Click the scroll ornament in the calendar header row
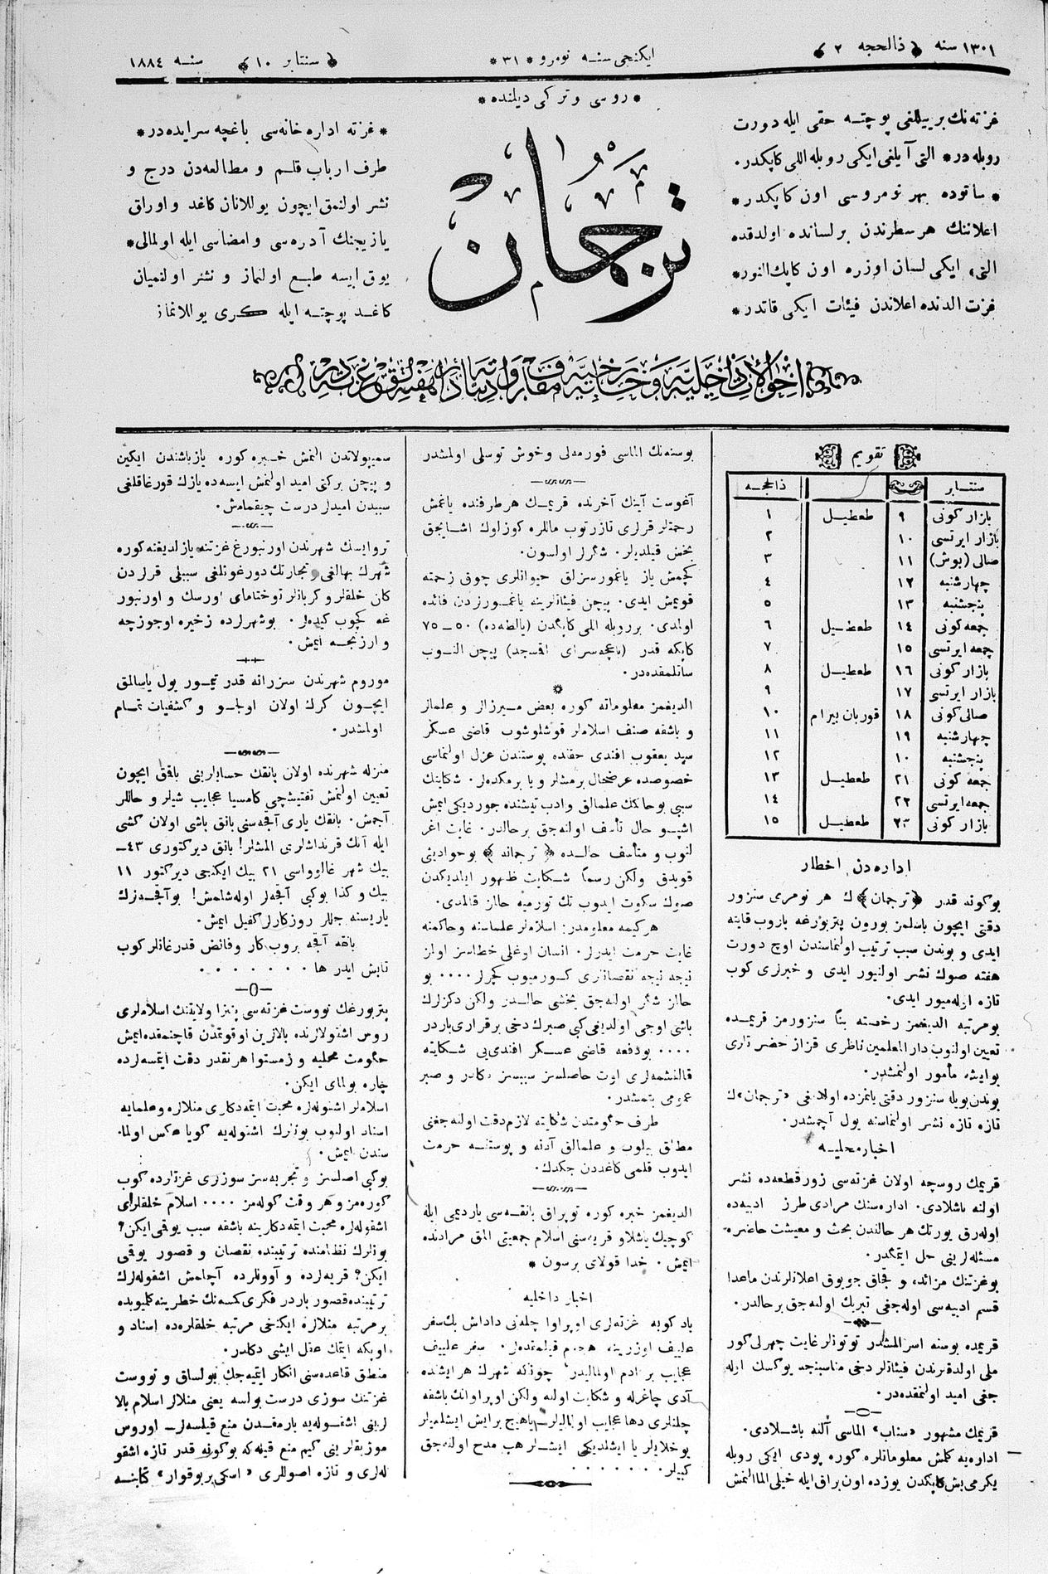coord(905,488)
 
